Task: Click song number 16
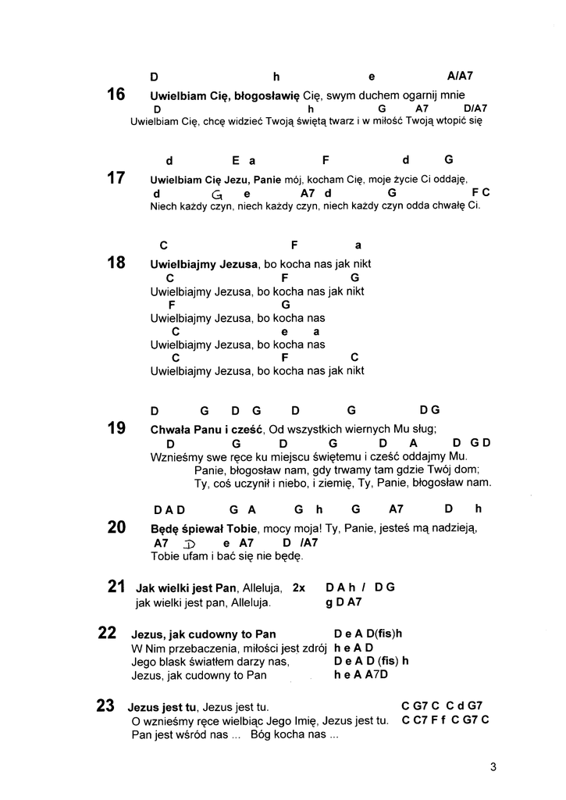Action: [x=116, y=95]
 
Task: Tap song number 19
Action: [x=116, y=428]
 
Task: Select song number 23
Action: [x=105, y=706]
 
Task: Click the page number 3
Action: [x=493, y=766]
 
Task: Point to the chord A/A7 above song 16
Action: [x=461, y=77]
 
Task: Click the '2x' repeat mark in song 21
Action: [x=298, y=587]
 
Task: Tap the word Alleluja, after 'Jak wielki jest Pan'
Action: [x=263, y=587]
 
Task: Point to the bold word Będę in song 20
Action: [x=166, y=528]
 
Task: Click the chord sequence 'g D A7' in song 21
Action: [x=344, y=602]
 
